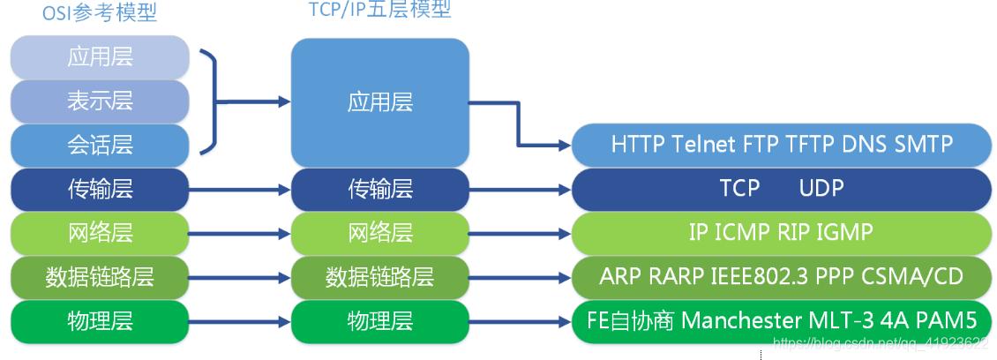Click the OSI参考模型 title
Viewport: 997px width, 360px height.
[100, 15]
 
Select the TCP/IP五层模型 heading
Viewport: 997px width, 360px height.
[380, 10]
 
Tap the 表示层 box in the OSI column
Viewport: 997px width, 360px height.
[100, 101]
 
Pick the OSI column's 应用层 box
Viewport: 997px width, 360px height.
[100, 57]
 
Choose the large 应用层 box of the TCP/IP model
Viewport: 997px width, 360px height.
[380, 102]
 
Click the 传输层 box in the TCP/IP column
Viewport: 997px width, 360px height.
[380, 188]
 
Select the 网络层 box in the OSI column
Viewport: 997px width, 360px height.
[100, 233]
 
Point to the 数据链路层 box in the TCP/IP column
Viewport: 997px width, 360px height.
[380, 276]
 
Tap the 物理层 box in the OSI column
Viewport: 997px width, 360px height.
[100, 320]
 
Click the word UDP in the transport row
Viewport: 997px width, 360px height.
[821, 188]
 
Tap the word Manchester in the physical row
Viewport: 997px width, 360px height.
[744, 320]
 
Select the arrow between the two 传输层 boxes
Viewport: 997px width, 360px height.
[239, 189]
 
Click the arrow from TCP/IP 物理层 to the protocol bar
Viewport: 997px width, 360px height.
[521, 321]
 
